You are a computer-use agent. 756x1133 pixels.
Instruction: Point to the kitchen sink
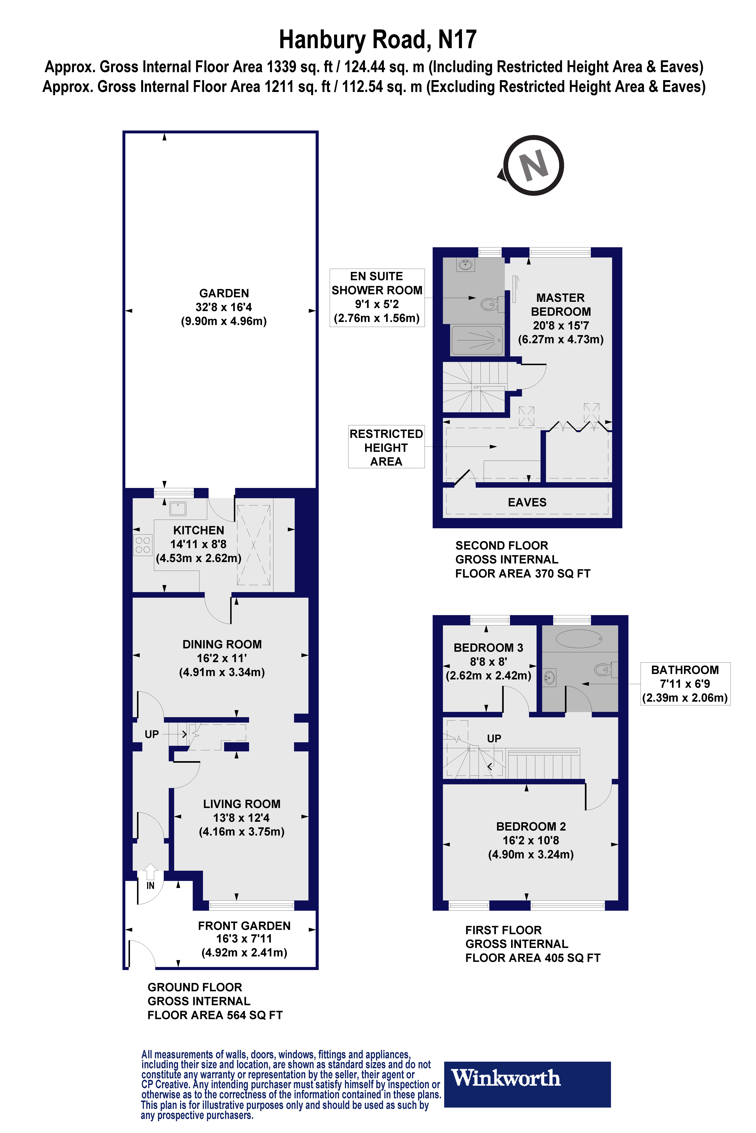(178, 509)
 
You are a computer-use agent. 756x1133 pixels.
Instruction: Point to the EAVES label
(527, 502)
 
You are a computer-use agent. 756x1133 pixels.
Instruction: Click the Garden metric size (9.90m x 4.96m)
(224, 321)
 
